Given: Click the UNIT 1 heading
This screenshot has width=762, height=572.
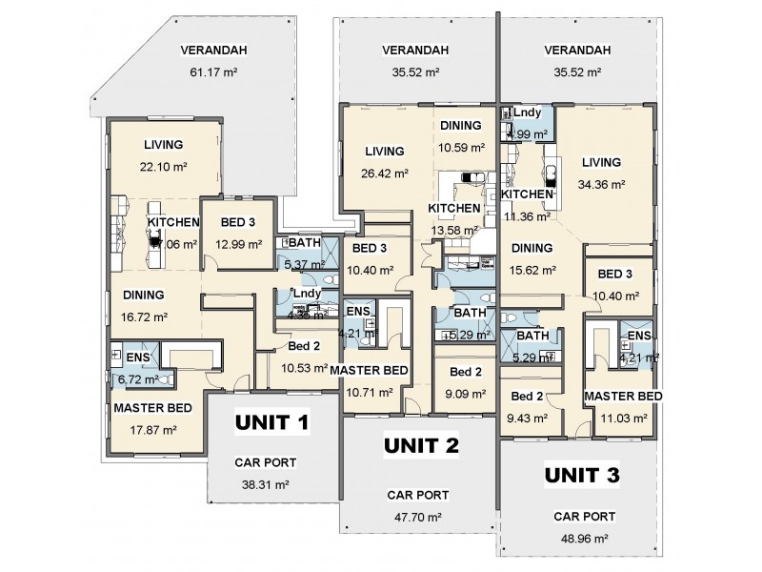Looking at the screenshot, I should click(x=272, y=422).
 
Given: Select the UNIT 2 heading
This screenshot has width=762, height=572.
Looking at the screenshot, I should click(x=421, y=445).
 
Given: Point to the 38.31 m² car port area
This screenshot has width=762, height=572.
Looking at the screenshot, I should click(x=265, y=483).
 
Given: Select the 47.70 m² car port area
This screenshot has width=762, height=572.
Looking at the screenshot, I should click(x=418, y=516).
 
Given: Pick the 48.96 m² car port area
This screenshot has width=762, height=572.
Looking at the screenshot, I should click(x=584, y=537).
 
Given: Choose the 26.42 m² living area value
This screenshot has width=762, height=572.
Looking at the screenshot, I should click(x=385, y=174).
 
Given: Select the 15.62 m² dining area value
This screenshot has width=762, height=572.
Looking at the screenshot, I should click(x=532, y=270).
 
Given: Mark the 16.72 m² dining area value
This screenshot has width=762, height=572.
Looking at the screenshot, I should click(x=143, y=317).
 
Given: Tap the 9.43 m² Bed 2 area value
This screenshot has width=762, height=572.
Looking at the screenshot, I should click(x=527, y=417).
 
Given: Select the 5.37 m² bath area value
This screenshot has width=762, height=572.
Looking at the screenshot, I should click(x=296, y=264).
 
